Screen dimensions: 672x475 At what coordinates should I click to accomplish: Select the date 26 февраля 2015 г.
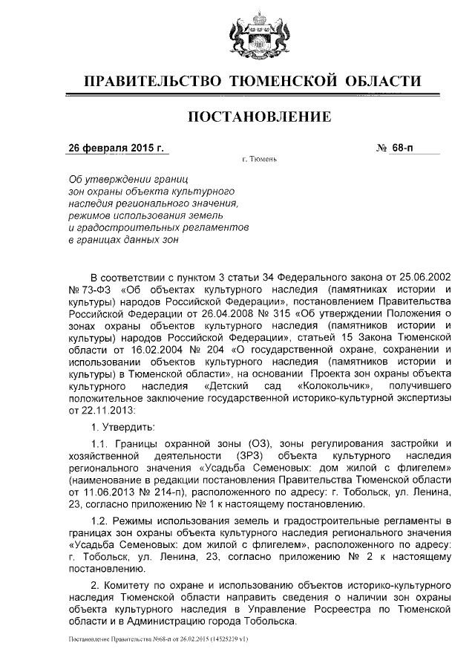coord(116,148)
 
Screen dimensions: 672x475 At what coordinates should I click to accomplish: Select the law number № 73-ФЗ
coord(86,289)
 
